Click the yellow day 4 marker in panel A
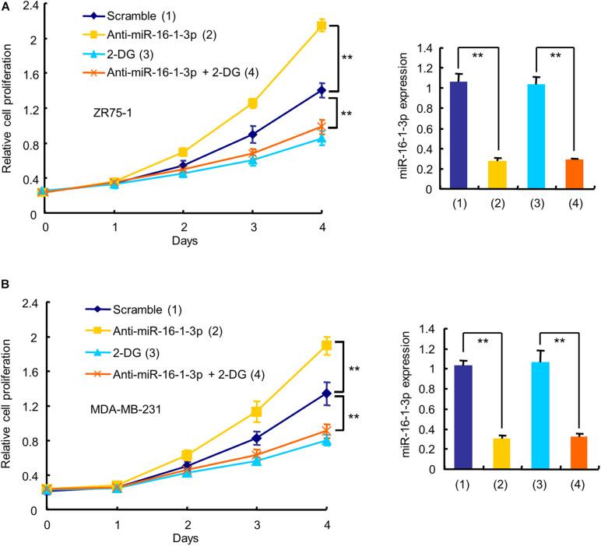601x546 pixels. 321,26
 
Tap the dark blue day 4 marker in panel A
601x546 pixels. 321,90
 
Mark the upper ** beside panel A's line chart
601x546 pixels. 347,57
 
